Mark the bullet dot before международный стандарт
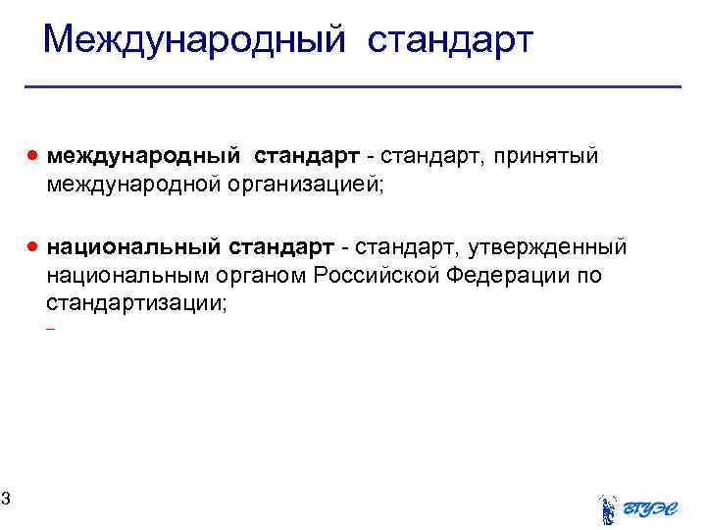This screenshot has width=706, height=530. pos(34,155)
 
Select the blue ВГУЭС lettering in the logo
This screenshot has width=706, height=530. pos(652,506)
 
